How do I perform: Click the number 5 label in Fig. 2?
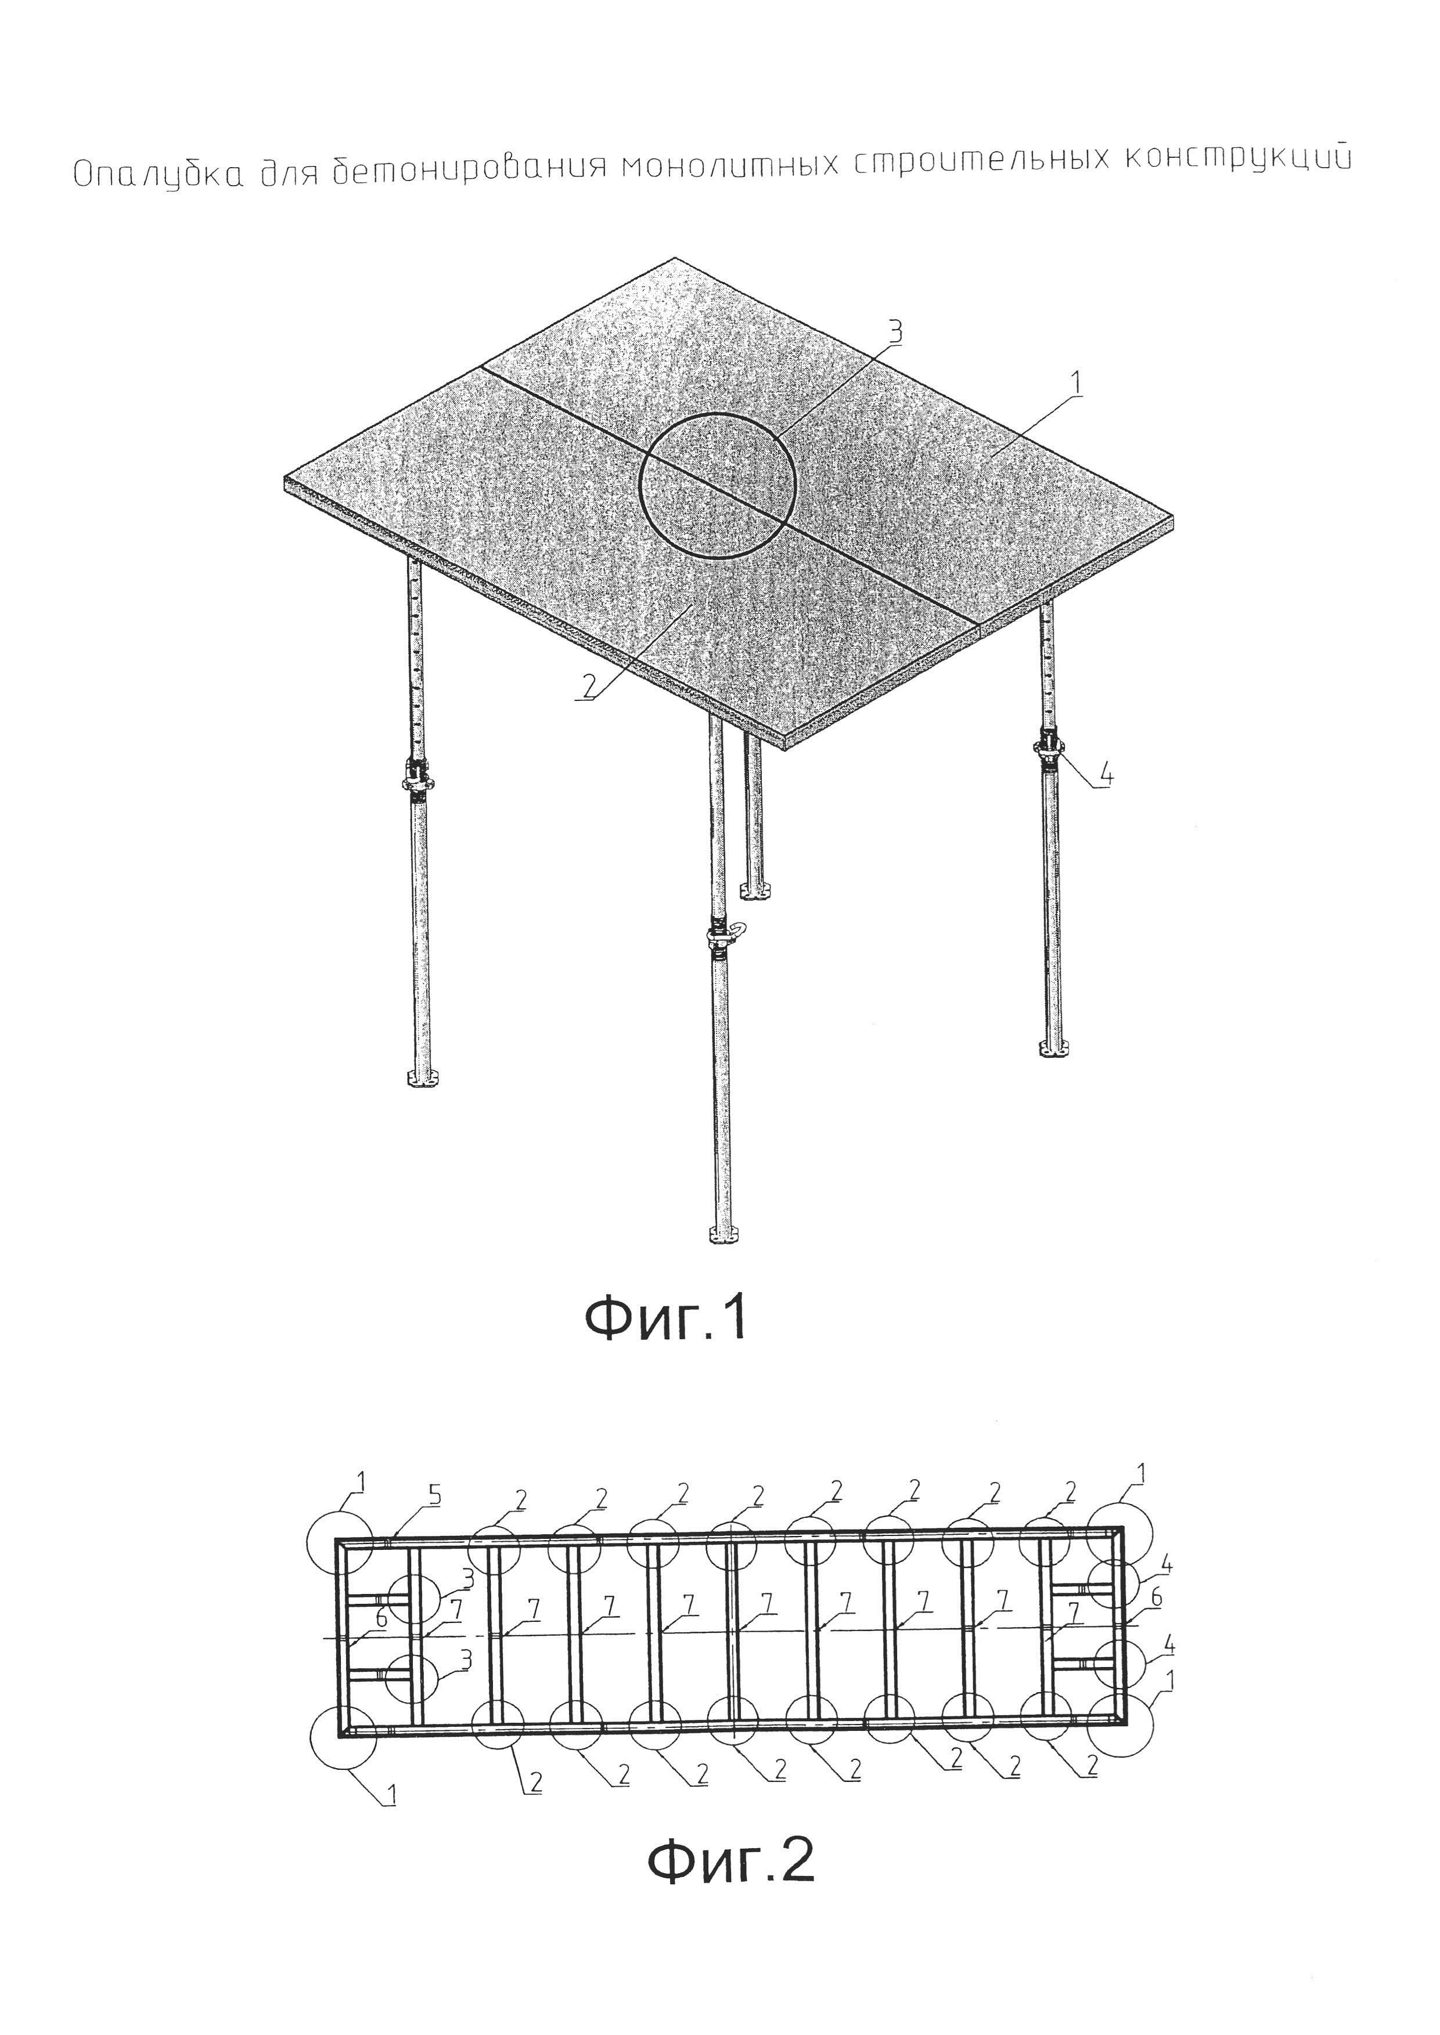coord(434,1495)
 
